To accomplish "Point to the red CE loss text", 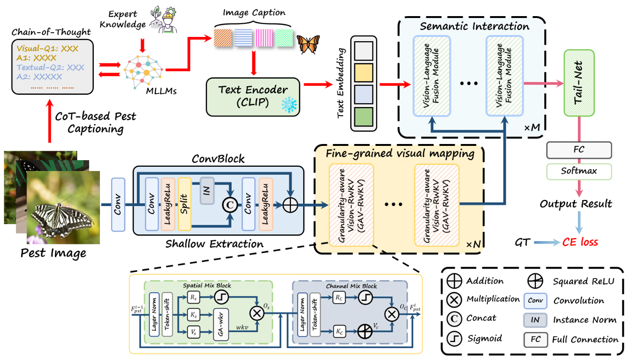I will (x=580, y=242).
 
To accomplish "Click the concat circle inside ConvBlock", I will (x=230, y=205).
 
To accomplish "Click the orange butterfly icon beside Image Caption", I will (x=306, y=44).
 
